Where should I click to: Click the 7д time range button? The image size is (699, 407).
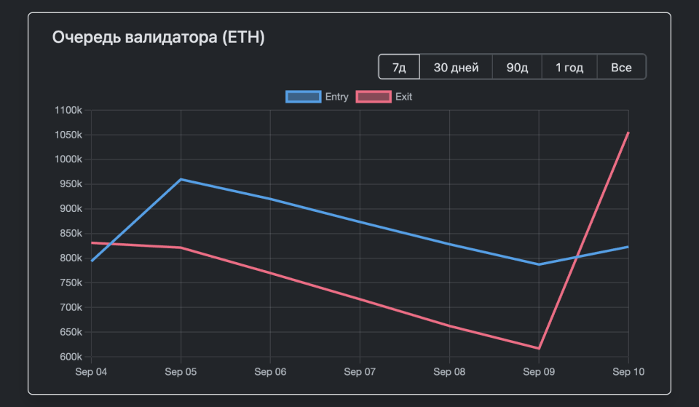(x=399, y=68)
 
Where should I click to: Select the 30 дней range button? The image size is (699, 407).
(x=456, y=68)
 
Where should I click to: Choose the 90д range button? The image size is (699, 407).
(x=517, y=68)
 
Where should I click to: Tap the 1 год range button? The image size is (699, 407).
(x=569, y=68)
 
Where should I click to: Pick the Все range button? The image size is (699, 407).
(x=621, y=68)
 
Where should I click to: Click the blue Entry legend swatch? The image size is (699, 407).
(x=303, y=97)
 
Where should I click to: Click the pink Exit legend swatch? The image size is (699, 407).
(x=373, y=97)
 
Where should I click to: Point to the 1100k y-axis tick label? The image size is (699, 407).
(x=68, y=111)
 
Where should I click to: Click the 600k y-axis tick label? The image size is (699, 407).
(x=71, y=357)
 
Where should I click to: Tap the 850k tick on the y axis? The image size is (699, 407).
(x=71, y=234)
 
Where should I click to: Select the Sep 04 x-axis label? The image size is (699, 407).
(x=92, y=372)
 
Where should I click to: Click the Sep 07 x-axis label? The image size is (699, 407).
(x=360, y=372)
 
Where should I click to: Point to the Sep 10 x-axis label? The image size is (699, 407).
(x=628, y=372)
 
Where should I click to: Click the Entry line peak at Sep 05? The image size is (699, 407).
(x=181, y=179)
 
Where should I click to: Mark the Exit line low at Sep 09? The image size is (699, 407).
(x=539, y=348)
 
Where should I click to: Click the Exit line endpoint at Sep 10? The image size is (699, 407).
(x=628, y=133)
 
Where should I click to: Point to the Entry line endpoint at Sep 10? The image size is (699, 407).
(x=628, y=247)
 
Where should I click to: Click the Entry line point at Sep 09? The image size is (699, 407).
(x=539, y=264)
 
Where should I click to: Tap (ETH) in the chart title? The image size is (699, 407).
(x=243, y=37)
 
